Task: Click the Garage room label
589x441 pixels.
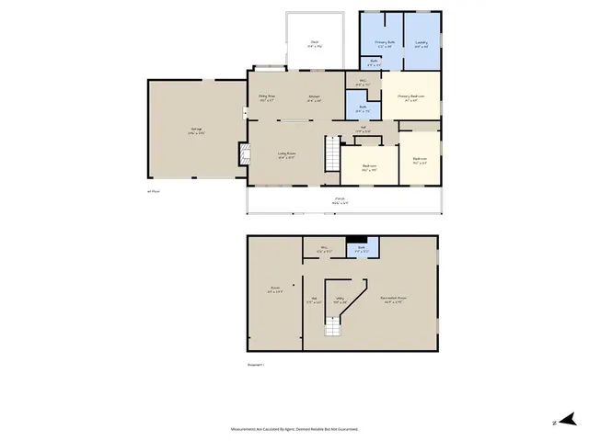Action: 197,130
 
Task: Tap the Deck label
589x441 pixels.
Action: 314,43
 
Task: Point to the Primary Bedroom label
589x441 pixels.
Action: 410,96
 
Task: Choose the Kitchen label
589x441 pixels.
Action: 314,100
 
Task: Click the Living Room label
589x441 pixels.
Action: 286,155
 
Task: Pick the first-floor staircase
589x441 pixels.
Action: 330,152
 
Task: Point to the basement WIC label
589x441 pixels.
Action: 325,249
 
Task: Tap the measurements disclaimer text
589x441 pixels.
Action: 294,428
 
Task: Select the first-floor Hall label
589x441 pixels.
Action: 364,129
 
